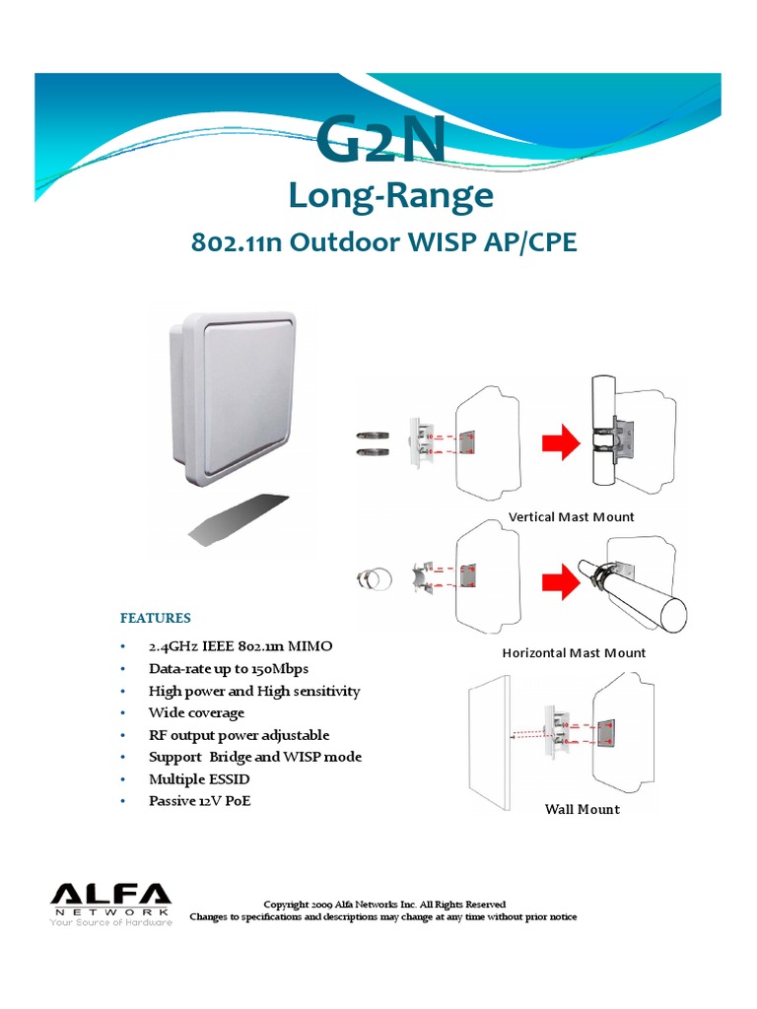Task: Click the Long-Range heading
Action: tap(390, 196)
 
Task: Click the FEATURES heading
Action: tap(155, 619)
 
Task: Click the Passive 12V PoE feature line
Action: tap(199, 801)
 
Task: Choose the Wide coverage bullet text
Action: tap(196, 712)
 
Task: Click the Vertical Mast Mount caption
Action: tap(571, 517)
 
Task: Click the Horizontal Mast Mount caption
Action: tap(574, 652)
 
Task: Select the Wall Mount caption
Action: tap(583, 809)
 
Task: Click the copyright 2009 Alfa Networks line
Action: tap(384, 904)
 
